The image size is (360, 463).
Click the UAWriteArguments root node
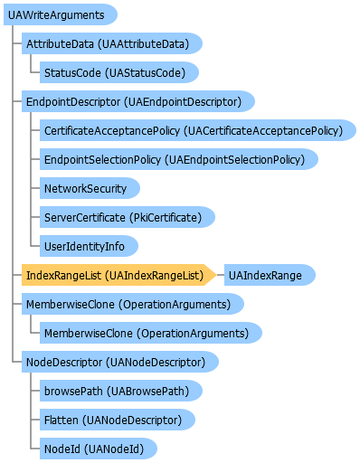[61, 14]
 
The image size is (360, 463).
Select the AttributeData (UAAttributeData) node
[112, 43]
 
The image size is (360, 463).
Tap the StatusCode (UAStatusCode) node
[119, 72]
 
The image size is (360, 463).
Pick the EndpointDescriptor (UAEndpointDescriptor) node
[138, 101]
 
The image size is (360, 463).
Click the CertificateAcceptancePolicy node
[198, 130]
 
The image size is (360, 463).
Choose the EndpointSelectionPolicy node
[179, 159]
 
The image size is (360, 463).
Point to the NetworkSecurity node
[90, 188]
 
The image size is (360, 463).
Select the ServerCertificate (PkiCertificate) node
[128, 217]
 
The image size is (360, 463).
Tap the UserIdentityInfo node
[89, 246]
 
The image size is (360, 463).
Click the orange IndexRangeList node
[118, 275]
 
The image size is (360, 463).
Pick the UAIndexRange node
[270, 275]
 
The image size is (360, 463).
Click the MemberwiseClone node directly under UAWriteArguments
[133, 304]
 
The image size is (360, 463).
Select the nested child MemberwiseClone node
[151, 333]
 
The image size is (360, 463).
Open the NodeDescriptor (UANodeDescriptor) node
[120, 362]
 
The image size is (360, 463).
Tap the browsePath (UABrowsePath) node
[121, 391]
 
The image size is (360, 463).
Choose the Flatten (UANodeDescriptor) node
[118, 420]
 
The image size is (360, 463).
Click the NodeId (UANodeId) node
[99, 449]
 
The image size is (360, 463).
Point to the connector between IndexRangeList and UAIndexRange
[221, 275]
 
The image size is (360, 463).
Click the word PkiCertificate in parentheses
[166, 217]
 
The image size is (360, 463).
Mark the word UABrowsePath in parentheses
[147, 391]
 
